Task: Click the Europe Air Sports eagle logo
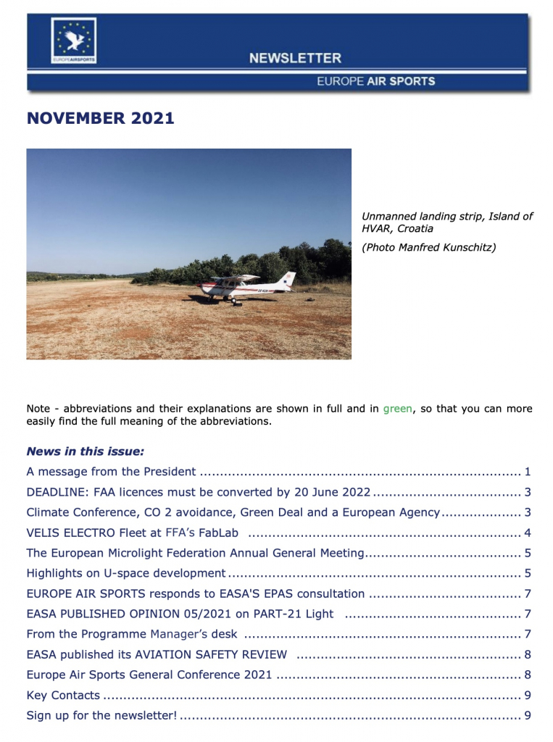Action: [73, 41]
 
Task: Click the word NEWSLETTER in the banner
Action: [295, 58]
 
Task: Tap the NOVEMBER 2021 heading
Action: [101, 118]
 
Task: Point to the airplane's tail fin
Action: [289, 279]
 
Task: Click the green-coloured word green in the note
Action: [398, 409]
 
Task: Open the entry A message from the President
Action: [111, 472]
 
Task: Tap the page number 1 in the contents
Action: [528, 472]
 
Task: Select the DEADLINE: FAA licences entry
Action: [199, 492]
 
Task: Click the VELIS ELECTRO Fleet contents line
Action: [133, 533]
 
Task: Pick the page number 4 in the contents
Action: [528, 533]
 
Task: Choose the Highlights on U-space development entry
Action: [125, 573]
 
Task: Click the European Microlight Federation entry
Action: [194, 553]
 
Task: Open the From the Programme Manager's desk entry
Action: [131, 634]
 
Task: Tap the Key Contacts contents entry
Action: [63, 695]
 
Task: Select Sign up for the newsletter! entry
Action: [101, 715]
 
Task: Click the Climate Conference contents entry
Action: [233, 512]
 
